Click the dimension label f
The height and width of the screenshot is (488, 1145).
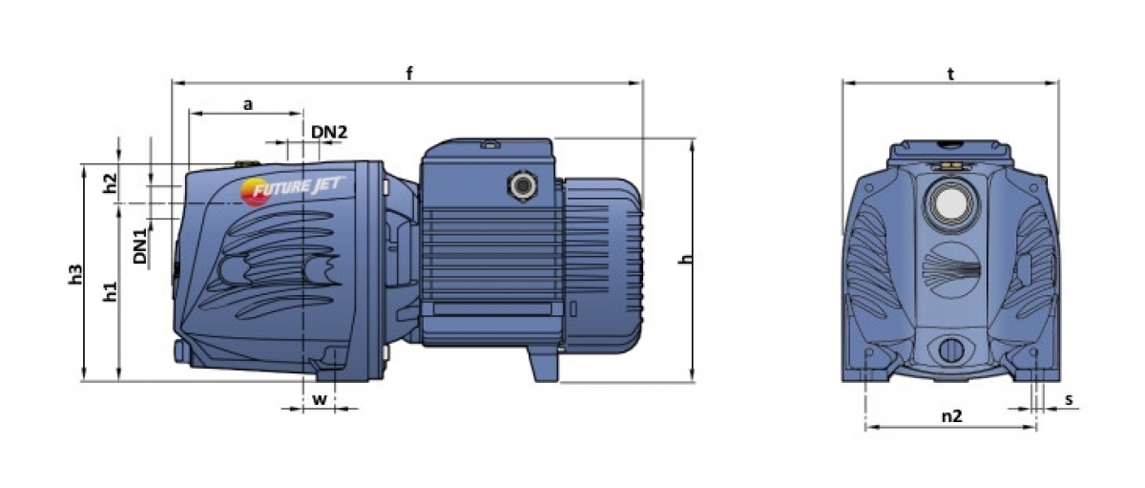[409, 74]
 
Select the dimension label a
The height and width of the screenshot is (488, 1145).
[248, 105]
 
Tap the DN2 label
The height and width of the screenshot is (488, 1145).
[329, 132]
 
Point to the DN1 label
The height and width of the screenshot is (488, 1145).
[140, 246]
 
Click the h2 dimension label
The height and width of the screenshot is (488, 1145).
[111, 183]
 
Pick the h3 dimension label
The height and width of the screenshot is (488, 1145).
[75, 274]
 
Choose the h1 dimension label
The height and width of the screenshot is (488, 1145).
[111, 291]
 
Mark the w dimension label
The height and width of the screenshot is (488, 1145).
[320, 399]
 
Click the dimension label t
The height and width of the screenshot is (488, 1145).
[950, 74]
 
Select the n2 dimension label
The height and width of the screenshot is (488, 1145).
[952, 415]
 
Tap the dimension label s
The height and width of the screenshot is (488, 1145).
[1069, 399]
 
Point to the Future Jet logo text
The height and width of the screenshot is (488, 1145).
[300, 187]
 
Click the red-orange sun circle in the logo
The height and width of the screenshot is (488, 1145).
[254, 192]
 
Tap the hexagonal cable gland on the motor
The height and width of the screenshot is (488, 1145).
[523, 185]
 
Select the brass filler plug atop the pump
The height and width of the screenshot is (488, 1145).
[247, 164]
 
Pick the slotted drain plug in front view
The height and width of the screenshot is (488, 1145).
[951, 350]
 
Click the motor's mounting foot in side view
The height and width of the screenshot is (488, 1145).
[543, 364]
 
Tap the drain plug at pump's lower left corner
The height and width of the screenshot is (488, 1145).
[180, 351]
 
